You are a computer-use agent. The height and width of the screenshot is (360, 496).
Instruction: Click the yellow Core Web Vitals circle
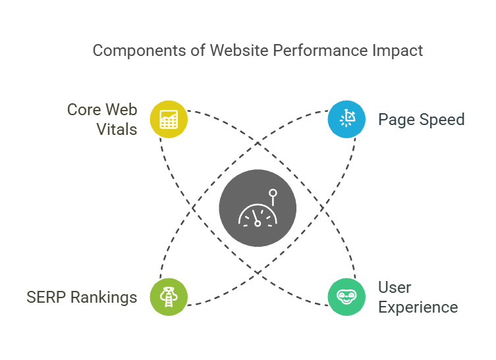pyautogui.click(x=169, y=119)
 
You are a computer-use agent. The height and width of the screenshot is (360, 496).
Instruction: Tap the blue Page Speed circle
pyautogui.click(x=346, y=119)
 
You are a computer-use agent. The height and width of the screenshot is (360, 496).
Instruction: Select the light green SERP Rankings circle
pyautogui.click(x=169, y=297)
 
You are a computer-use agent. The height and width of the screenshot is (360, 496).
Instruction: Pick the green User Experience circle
pyautogui.click(x=346, y=297)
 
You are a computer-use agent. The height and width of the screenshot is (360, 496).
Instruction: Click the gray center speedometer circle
pyautogui.click(x=258, y=208)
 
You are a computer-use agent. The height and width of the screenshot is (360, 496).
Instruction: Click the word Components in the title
pyautogui.click(x=140, y=51)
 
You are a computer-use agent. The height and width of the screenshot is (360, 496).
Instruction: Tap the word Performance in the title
pyautogui.click(x=320, y=51)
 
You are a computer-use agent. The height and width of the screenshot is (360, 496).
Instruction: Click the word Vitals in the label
pyautogui.click(x=117, y=129)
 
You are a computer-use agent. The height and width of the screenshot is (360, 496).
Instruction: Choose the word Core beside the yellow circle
pyautogui.click(x=84, y=110)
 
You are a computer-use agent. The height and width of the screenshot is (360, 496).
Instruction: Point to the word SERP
pyautogui.click(x=46, y=297)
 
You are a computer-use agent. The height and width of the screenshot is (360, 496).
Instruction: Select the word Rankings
pyautogui.click(x=104, y=297)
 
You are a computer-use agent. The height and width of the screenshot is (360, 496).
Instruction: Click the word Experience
pyautogui.click(x=418, y=307)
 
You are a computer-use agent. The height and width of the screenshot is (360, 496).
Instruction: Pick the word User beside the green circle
pyautogui.click(x=395, y=288)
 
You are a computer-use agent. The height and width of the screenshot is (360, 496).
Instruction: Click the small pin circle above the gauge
pyautogui.click(x=273, y=193)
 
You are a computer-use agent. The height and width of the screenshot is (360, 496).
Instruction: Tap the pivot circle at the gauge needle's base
pyautogui.click(x=258, y=224)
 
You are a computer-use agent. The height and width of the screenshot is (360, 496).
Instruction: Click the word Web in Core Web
pyautogui.click(x=121, y=110)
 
